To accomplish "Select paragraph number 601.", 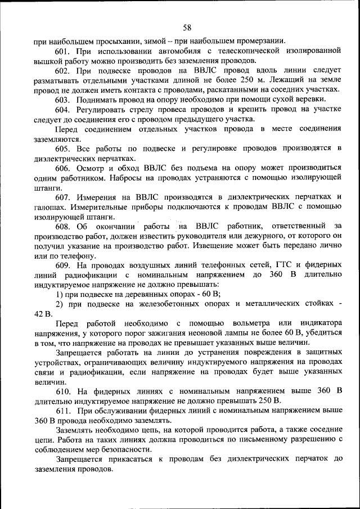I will coord(62,52).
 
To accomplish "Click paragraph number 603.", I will coord(62,99).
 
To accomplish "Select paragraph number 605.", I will coord(62,148).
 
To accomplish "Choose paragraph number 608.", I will coord(62,226).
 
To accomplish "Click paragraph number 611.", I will coord(62,411).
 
